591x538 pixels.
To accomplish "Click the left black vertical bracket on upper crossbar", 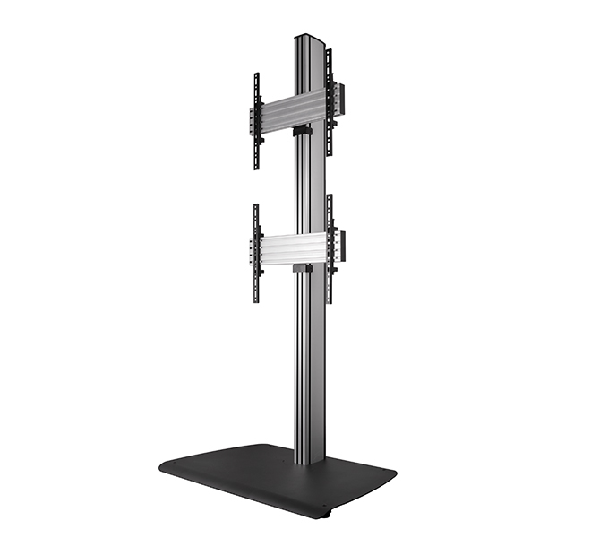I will tap(257, 121).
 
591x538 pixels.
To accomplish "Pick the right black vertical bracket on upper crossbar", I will tap(329, 103).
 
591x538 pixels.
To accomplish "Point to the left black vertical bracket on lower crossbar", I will tap(257, 253).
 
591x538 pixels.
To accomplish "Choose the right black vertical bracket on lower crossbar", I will tap(329, 247).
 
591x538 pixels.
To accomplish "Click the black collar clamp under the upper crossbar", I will tap(302, 131).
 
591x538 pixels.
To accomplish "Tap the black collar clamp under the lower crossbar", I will tap(302, 266).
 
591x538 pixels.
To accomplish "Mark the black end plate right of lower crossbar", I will tap(339, 242).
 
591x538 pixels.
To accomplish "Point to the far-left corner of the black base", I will tap(163, 466).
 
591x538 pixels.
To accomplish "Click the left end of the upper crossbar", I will tap(253, 121).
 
